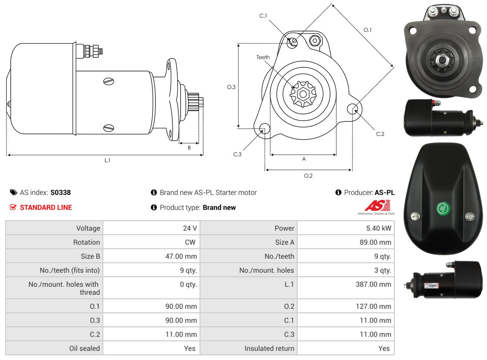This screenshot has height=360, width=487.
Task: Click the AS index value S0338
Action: tap(60, 192)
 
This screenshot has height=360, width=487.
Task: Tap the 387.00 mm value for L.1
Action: tap(373, 284)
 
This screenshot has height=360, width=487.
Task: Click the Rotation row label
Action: tap(87, 242)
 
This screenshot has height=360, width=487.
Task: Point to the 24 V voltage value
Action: tap(190, 228)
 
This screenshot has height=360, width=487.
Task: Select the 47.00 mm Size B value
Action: tap(181, 256)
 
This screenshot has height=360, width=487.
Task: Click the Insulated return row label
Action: tap(269, 349)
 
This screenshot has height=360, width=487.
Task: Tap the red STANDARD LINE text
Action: tap(46, 208)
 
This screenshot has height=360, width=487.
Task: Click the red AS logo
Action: tap(377, 205)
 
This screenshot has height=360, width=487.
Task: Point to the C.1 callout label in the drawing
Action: tap(263, 16)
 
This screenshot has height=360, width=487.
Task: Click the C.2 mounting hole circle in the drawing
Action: tap(352, 109)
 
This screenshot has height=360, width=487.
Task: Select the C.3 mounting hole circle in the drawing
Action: tap(265, 128)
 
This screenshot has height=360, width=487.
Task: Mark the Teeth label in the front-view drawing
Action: tap(263, 57)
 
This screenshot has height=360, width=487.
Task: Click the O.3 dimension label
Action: tap(231, 87)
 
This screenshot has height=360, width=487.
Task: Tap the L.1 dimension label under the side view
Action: tap(107, 161)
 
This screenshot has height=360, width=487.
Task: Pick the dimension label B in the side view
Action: tap(189, 148)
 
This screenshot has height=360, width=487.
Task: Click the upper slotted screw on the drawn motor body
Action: tap(108, 81)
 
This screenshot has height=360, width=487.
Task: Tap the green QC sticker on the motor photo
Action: tap(443, 208)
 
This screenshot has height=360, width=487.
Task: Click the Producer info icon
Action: tap(338, 192)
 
